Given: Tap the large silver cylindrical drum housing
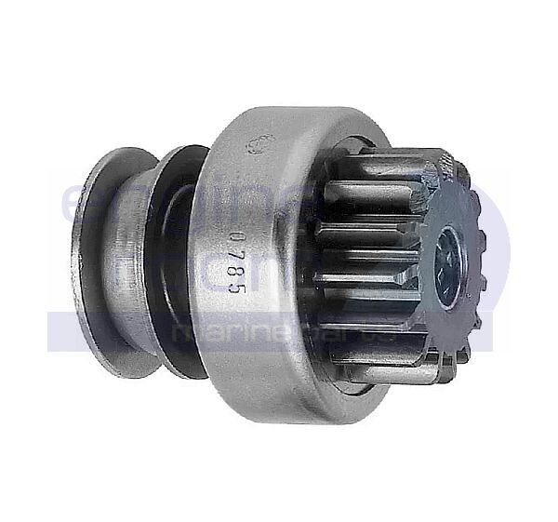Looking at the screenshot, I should point(270,279).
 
